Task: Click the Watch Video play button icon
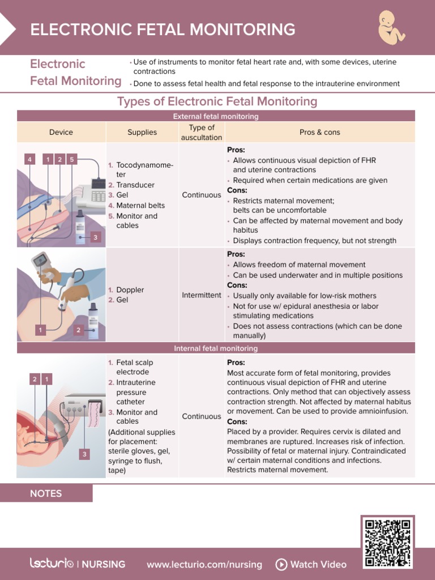click(281, 564)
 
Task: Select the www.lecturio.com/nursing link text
click(204, 564)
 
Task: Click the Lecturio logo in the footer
click(52, 564)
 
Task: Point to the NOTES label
click(46, 493)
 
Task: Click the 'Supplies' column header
click(142, 132)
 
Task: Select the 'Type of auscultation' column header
click(202, 132)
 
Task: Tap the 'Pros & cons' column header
click(320, 132)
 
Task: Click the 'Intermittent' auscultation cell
click(202, 295)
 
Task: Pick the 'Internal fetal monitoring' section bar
click(216, 348)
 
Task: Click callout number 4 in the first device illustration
click(29, 160)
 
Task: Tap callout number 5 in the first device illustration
click(71, 160)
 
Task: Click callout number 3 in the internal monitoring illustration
click(84, 454)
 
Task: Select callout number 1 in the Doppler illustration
click(40, 330)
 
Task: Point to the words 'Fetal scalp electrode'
click(134, 367)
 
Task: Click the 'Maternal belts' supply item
click(140, 206)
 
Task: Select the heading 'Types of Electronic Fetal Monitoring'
click(217, 101)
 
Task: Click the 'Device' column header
click(61, 132)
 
